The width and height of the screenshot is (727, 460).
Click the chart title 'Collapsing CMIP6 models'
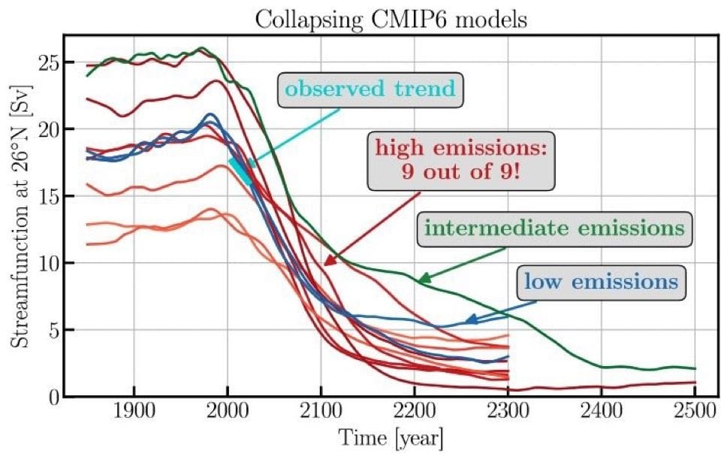[391, 19]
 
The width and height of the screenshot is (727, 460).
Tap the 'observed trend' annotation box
[370, 89]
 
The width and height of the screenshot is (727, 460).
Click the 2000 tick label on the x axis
[228, 415]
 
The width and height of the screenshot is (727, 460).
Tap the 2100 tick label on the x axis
[321, 415]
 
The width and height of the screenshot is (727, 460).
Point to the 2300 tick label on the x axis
[508, 415]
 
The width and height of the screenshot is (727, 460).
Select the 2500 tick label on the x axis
[695, 415]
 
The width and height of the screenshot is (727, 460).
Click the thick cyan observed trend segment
[240, 171]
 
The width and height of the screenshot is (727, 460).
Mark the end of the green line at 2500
[695, 368]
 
